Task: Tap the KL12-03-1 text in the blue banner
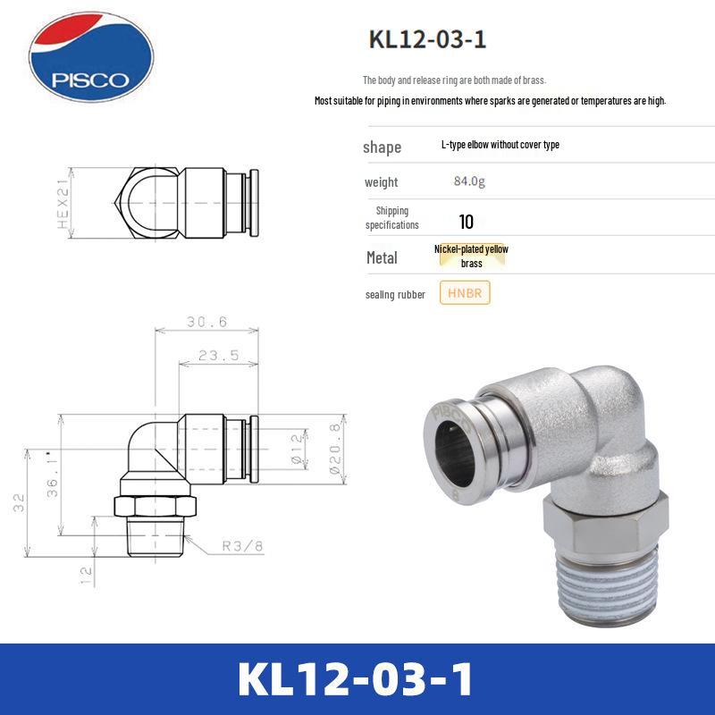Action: click(357, 680)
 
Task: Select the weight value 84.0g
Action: click(469, 181)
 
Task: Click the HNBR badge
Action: click(465, 293)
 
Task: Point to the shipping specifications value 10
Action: click(466, 222)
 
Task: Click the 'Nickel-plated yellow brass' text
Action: click(471, 257)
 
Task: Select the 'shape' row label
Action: click(382, 147)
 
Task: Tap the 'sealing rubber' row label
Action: click(395, 294)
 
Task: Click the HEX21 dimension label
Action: click(63, 203)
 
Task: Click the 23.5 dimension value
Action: click(218, 355)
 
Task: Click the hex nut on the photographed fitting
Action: click(589, 517)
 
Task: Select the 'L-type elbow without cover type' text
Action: click(500, 145)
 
